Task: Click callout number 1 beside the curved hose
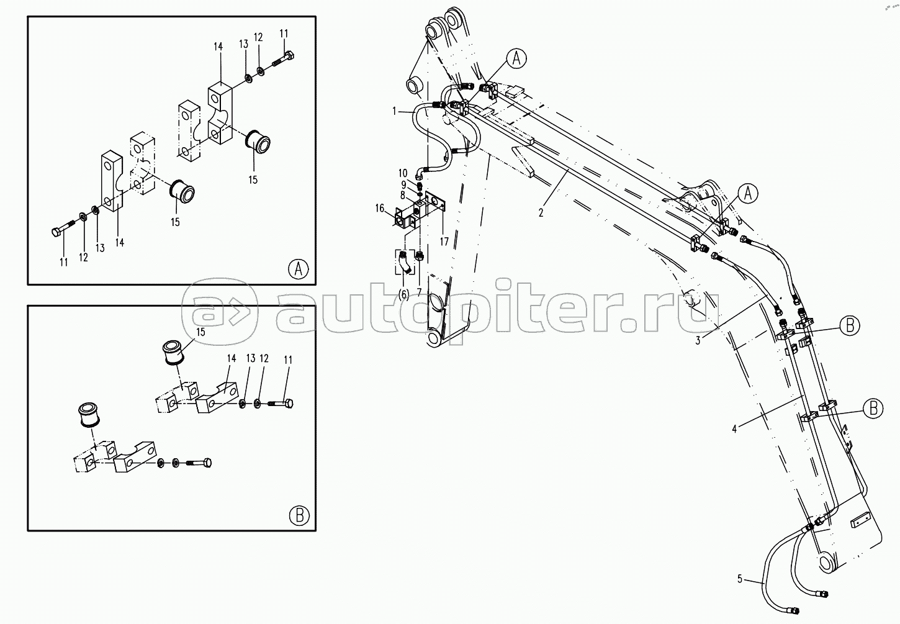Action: (x=394, y=111)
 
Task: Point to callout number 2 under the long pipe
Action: (x=541, y=212)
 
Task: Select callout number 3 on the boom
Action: (x=698, y=340)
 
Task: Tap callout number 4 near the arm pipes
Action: (x=734, y=428)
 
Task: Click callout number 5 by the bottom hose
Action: (x=739, y=579)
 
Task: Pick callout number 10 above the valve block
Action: (x=403, y=173)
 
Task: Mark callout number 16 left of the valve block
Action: (x=380, y=209)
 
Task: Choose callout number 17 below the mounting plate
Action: (x=444, y=242)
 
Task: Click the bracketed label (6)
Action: (x=403, y=294)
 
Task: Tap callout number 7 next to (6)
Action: (x=420, y=292)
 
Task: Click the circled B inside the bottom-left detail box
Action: (x=299, y=515)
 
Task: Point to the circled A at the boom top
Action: (x=516, y=59)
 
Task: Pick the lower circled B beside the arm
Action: (x=873, y=408)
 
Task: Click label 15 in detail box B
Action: (x=200, y=333)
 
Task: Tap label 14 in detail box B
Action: (x=232, y=358)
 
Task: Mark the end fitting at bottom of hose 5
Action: (x=824, y=594)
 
